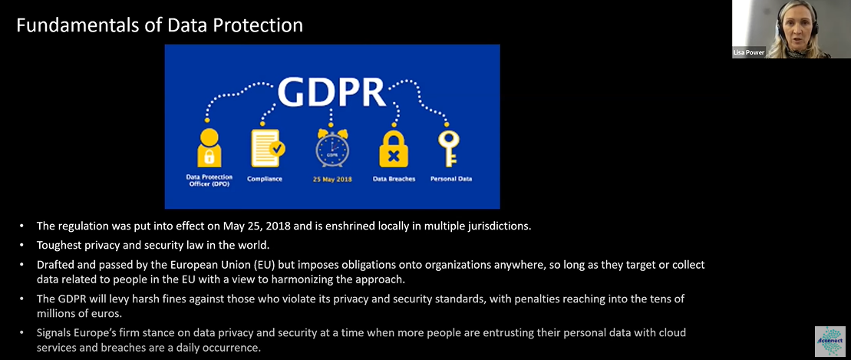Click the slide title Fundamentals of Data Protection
(160, 25)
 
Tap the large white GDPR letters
(331, 92)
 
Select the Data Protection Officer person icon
(209, 147)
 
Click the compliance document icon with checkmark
(268, 147)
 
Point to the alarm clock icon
(331, 147)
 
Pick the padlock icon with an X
(394, 148)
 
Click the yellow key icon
(449, 147)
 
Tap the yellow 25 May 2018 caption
(331, 179)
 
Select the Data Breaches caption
(394, 179)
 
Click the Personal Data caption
(451, 179)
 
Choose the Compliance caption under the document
(265, 179)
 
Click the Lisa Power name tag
(749, 53)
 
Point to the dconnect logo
(830, 341)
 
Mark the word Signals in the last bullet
(54, 332)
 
